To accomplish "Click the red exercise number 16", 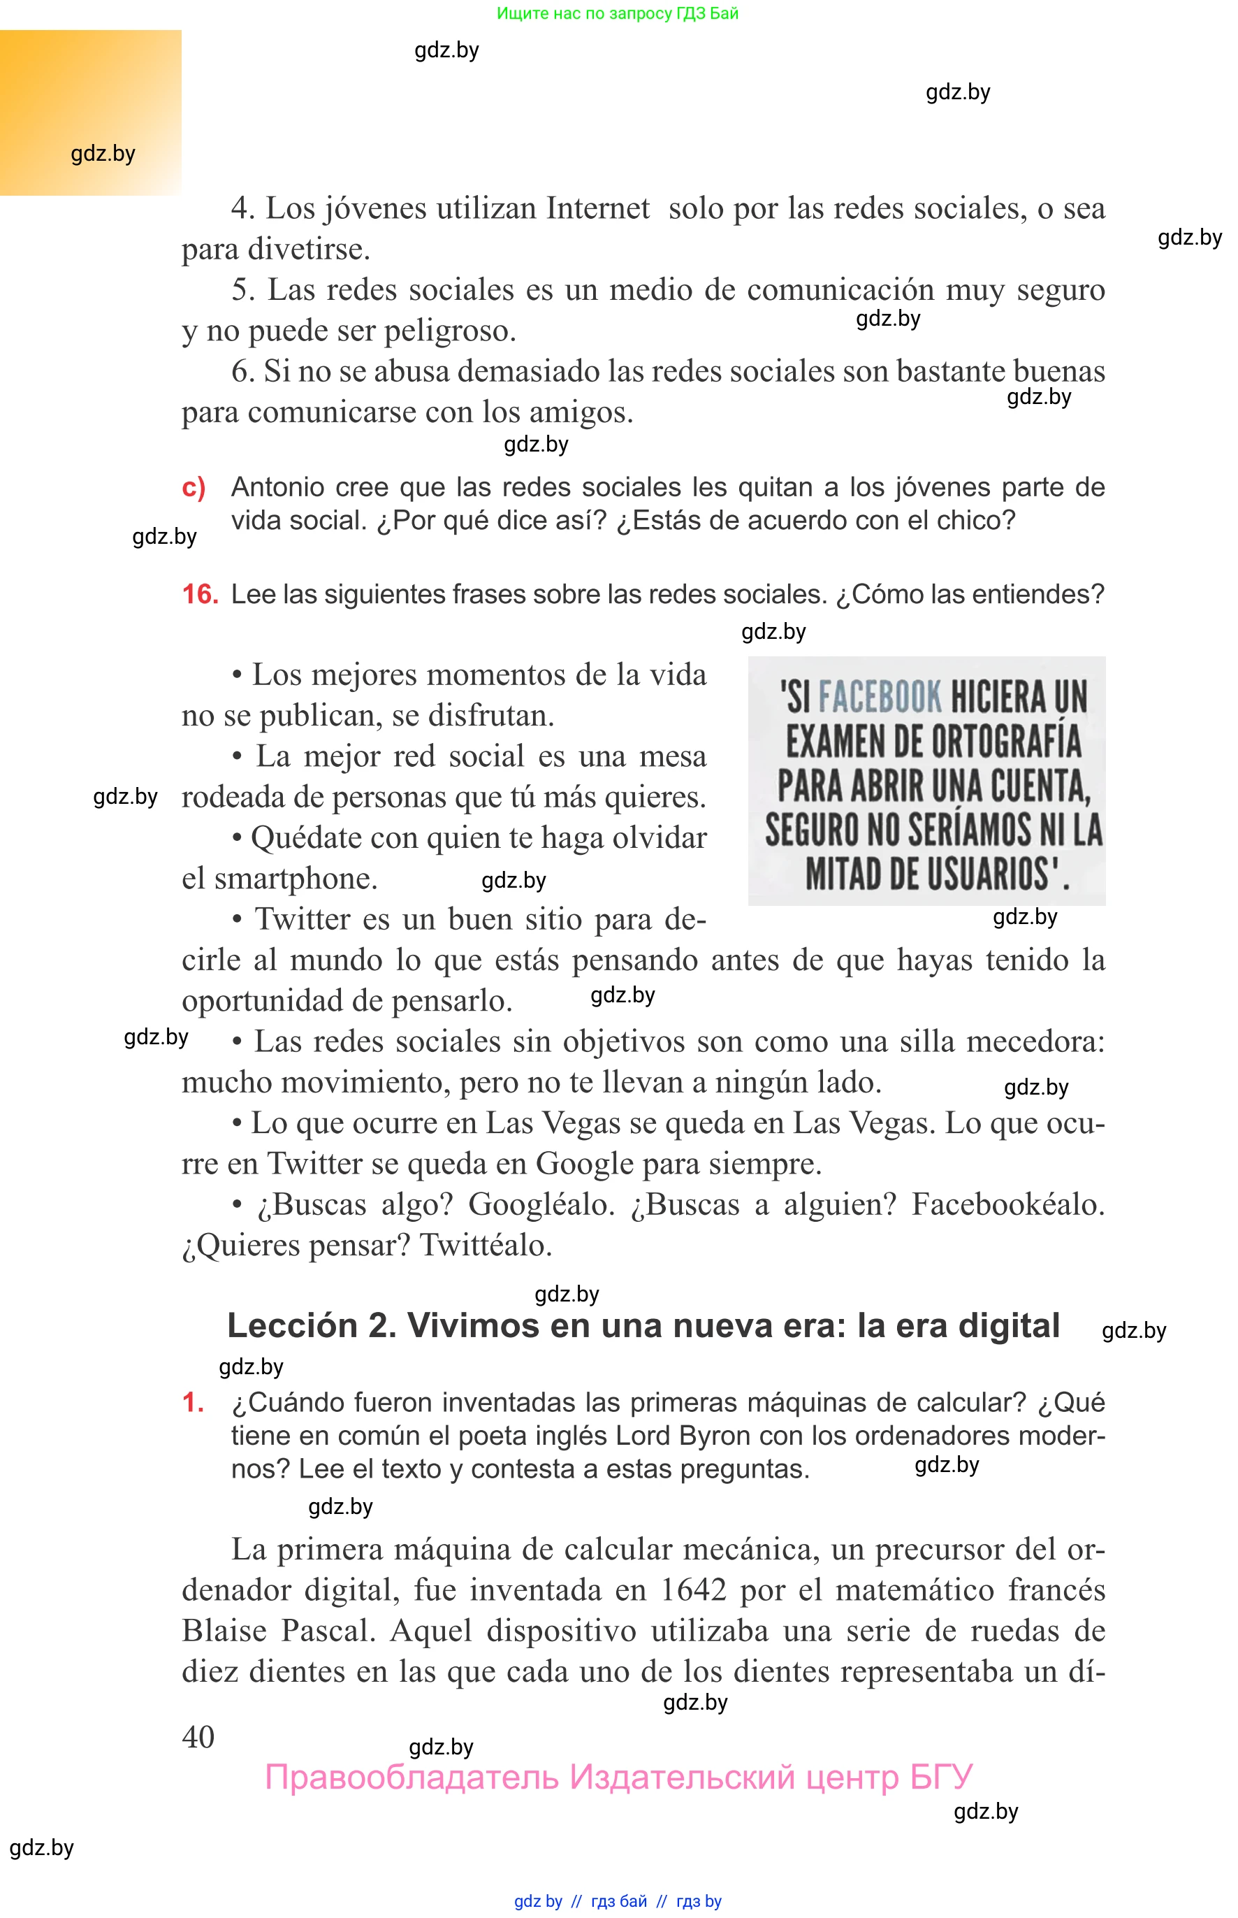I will (x=199, y=594).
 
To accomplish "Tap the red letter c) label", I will (x=194, y=487).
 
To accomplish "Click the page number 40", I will (x=198, y=1736).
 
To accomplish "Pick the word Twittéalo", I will (x=486, y=1246).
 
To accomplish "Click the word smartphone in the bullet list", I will (x=295, y=878).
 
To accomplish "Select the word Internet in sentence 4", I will (x=597, y=208).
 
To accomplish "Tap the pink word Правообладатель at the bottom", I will (x=412, y=1778).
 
